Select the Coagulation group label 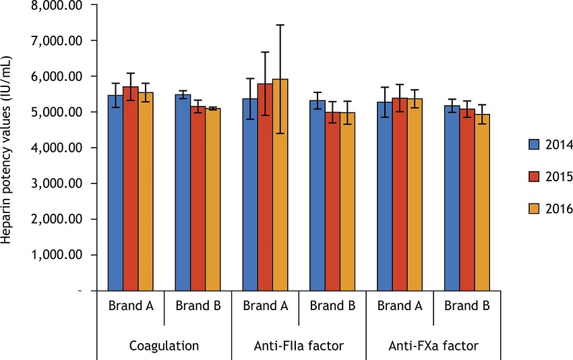coord(164,347)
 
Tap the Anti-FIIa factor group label coord(299,347)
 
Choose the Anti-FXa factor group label coord(433,347)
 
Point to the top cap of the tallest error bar coord(280,25)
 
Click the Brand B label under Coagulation coord(198,305)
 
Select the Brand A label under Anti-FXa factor coord(400,305)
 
